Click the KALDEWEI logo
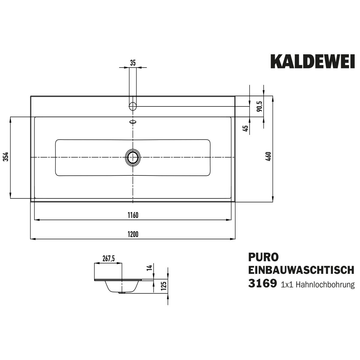313,61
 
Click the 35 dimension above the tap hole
133,63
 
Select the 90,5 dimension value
259,106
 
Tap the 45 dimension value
246,128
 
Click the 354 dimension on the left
6,157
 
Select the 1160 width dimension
133,215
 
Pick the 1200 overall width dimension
133,234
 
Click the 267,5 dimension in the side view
109,259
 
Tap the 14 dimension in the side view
150,268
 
